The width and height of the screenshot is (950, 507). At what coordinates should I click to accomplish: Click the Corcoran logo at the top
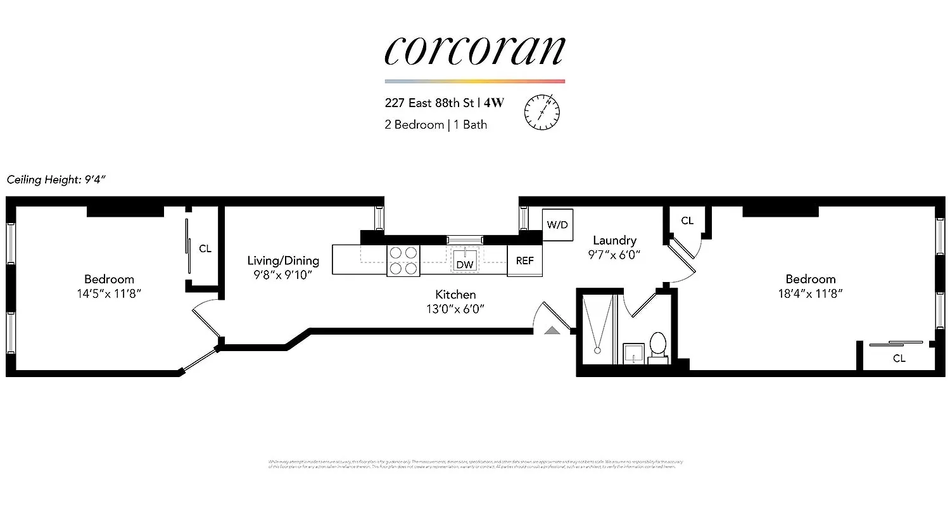[x=474, y=51]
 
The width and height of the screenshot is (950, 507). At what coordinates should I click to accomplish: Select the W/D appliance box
[x=557, y=224]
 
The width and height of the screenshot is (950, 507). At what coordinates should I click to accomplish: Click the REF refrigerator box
[x=524, y=260]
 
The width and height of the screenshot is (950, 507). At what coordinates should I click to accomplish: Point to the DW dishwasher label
[x=465, y=264]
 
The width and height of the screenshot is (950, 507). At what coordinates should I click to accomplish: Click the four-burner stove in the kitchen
[x=403, y=260]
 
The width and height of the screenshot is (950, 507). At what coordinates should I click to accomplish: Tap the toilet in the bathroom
[x=657, y=346]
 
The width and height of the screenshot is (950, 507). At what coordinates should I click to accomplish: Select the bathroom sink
[x=633, y=353]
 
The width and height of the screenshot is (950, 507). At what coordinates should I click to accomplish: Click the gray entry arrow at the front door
[x=553, y=330]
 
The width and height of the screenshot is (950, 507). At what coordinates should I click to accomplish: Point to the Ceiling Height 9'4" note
[x=56, y=179]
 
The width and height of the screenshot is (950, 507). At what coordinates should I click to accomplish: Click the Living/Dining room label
[x=283, y=260]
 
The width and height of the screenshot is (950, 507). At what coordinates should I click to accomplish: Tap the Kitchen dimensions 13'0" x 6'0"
[x=455, y=309]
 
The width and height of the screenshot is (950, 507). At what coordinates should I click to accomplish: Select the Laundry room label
[x=614, y=240]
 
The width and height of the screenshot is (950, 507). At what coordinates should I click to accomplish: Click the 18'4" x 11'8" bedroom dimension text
[x=811, y=293]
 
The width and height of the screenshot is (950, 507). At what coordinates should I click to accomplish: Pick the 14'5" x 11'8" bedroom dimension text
[x=109, y=293]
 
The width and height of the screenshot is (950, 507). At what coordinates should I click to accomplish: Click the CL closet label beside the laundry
[x=687, y=221]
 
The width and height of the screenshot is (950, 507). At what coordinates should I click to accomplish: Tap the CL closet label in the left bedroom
[x=205, y=248]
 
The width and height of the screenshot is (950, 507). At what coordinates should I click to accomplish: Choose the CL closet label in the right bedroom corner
[x=899, y=358]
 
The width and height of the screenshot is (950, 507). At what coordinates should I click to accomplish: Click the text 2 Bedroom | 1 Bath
[x=436, y=124]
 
